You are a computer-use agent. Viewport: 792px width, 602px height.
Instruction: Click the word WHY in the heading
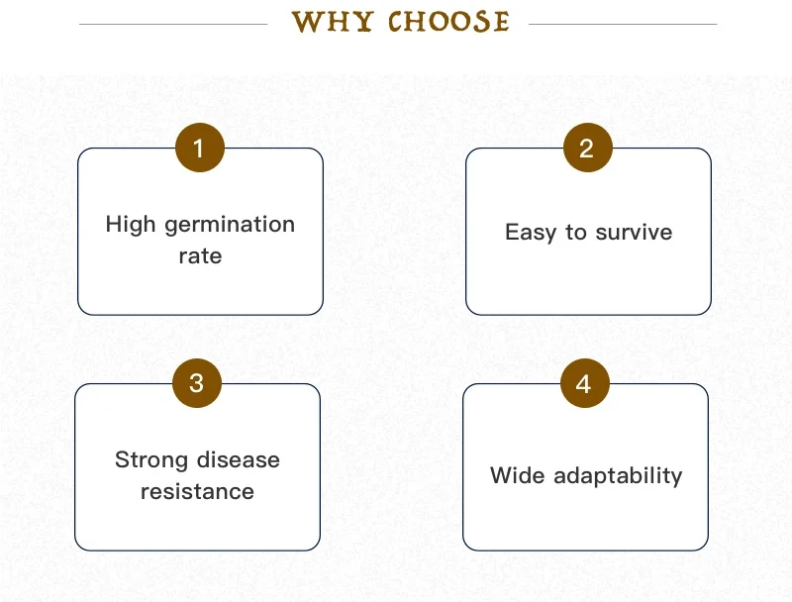[x=333, y=22]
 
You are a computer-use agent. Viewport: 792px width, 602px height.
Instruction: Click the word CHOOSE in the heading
[x=448, y=22]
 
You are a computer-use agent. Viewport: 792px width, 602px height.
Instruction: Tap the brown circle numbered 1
[x=200, y=148]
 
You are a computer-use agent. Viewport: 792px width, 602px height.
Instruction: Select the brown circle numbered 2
[x=588, y=148]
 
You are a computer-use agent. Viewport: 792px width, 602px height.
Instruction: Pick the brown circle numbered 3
[x=197, y=383]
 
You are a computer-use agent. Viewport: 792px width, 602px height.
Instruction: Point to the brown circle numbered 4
[x=585, y=383]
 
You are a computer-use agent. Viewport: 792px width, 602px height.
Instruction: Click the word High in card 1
[x=131, y=225]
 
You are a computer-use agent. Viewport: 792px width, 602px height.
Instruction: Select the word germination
[x=230, y=225]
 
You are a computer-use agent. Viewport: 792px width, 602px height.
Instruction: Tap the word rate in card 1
[x=201, y=256]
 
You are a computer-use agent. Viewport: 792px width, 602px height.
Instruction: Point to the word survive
[x=634, y=233]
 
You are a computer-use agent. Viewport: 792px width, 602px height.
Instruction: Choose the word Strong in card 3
[x=151, y=460]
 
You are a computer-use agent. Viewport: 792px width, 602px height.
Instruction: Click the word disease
[x=239, y=459]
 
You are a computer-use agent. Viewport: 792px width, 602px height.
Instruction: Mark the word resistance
[x=197, y=491]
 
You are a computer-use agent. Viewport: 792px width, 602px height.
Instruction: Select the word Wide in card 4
[x=517, y=475]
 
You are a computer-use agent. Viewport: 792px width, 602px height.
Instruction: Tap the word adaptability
[x=618, y=476]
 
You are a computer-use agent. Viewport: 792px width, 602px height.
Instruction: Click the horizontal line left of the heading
[x=173, y=24]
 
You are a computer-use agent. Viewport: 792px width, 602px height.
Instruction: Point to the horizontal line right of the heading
[x=623, y=24]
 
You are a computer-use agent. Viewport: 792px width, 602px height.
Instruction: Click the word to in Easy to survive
[x=576, y=233]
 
